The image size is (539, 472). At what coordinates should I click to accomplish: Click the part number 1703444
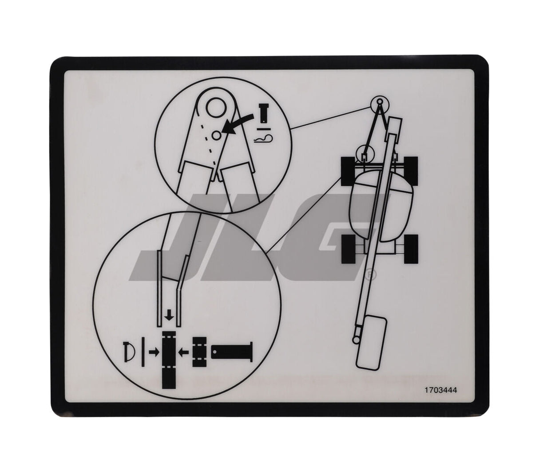(440, 389)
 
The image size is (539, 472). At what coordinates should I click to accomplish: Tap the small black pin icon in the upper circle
(264, 113)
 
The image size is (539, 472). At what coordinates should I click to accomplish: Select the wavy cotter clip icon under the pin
(264, 139)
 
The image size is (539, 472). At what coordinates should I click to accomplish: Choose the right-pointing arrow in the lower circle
(153, 352)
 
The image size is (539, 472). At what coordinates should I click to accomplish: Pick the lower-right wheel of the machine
(411, 249)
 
